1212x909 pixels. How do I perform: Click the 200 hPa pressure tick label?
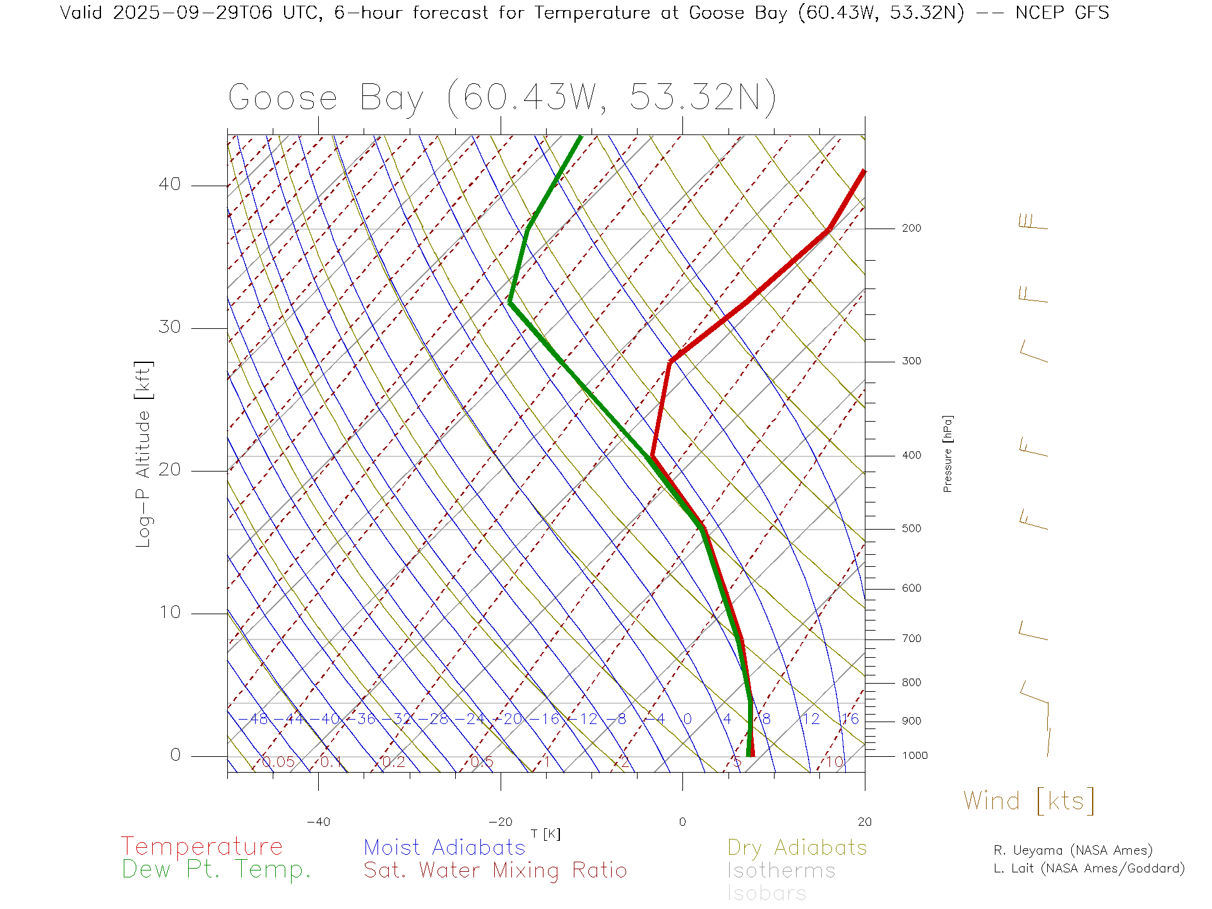pyautogui.click(x=911, y=229)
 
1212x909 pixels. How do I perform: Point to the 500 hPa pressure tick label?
pyautogui.click(x=911, y=529)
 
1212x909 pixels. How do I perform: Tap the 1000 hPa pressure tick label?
pyautogui.click(x=915, y=756)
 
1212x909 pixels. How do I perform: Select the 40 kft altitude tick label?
pyautogui.click(x=169, y=184)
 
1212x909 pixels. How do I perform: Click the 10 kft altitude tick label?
pyautogui.click(x=169, y=612)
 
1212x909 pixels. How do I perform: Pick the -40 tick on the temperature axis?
pyautogui.click(x=318, y=822)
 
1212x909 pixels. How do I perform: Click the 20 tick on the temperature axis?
pyautogui.click(x=864, y=822)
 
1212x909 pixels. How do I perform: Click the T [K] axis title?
pyautogui.click(x=545, y=835)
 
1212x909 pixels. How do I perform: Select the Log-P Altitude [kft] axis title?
pyautogui.click(x=144, y=454)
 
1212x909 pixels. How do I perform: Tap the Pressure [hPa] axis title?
pyautogui.click(x=948, y=453)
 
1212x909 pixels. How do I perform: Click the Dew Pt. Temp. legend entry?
pyautogui.click(x=217, y=870)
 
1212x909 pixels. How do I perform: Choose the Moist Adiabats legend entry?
pyautogui.click(x=444, y=847)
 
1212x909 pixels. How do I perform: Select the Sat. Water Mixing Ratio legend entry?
pyautogui.click(x=495, y=870)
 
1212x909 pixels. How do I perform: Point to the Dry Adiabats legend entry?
pyautogui.click(x=797, y=847)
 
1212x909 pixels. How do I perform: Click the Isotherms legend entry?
pyautogui.click(x=781, y=870)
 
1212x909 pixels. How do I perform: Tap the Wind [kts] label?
pyautogui.click(x=1029, y=800)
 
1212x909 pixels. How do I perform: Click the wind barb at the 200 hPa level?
pyautogui.click(x=1033, y=223)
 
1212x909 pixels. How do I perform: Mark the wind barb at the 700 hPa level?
pyautogui.click(x=1033, y=632)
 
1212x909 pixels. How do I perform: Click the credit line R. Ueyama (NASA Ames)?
pyautogui.click(x=1072, y=850)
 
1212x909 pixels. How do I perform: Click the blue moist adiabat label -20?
pyautogui.click(x=513, y=719)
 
